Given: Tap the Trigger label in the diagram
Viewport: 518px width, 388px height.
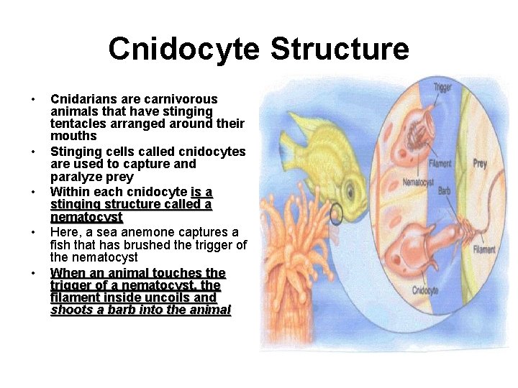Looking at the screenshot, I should point(442,88).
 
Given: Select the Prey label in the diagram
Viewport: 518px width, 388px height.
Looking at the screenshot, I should point(480,164).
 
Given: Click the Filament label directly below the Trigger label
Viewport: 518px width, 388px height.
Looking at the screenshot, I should point(440,163).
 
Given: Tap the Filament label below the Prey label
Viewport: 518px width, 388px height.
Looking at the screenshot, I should point(484,250).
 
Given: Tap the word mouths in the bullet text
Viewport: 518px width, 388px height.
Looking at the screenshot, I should point(73,136).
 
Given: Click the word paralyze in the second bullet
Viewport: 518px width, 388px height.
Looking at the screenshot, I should point(76,177).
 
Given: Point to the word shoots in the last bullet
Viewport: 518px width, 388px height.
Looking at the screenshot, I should point(71,310).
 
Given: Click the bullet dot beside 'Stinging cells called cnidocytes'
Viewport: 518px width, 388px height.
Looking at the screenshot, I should point(33,152).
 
